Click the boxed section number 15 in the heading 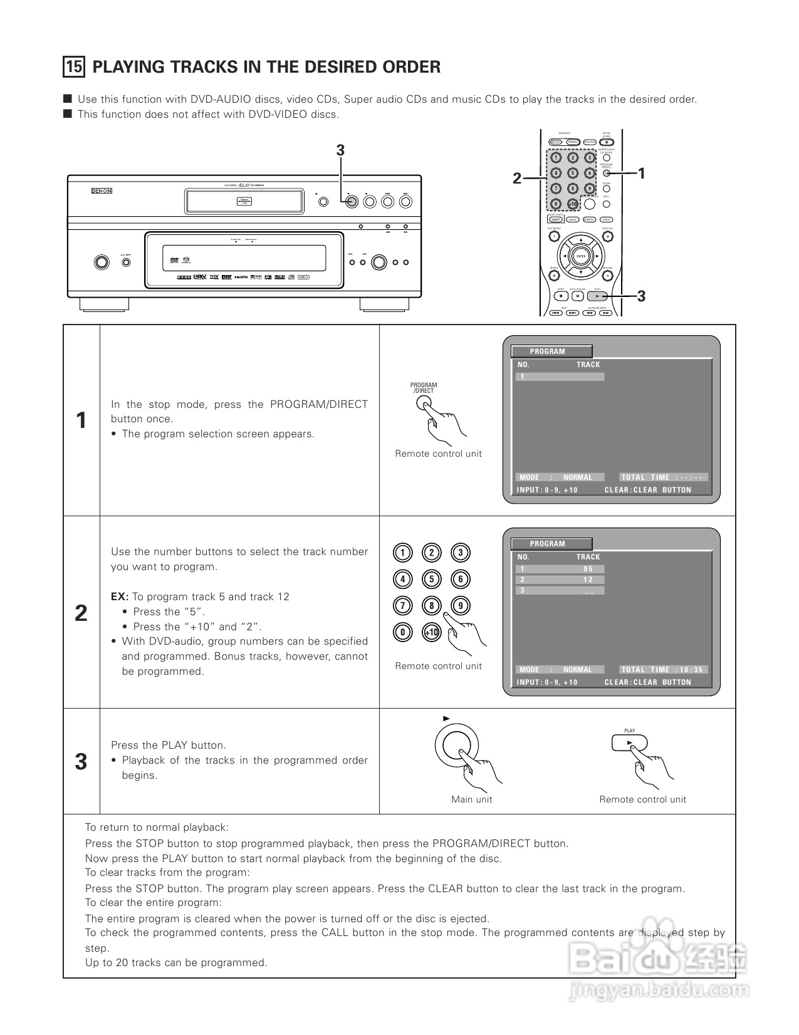click(x=74, y=66)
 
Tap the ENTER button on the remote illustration click(x=581, y=256)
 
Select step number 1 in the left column click(x=81, y=420)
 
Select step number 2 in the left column click(x=81, y=613)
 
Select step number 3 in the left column click(x=81, y=762)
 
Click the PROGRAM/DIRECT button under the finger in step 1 click(x=424, y=403)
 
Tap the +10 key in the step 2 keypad click(x=431, y=632)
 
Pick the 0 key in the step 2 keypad click(x=402, y=632)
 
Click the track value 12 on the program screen click(x=588, y=580)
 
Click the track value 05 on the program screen click(x=588, y=569)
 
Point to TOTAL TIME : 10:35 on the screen click(x=663, y=670)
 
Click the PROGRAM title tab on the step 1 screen click(x=551, y=351)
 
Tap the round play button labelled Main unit click(x=457, y=746)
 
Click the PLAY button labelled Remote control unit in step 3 click(x=629, y=744)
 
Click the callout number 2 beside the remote click(x=516, y=179)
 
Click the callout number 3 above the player click(x=340, y=150)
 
